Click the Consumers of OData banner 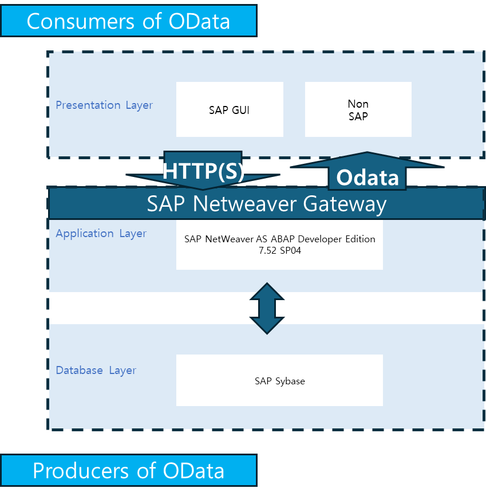point(128,21)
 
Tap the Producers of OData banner point(128,470)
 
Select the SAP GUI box point(230,109)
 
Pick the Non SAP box point(358,109)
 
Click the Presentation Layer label point(104,105)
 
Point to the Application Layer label point(101,234)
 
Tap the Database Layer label point(96,371)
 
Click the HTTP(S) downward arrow point(203,171)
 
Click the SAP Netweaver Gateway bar point(266,204)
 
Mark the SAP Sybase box point(279,381)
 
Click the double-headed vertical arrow point(267,308)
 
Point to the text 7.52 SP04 point(280,251)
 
